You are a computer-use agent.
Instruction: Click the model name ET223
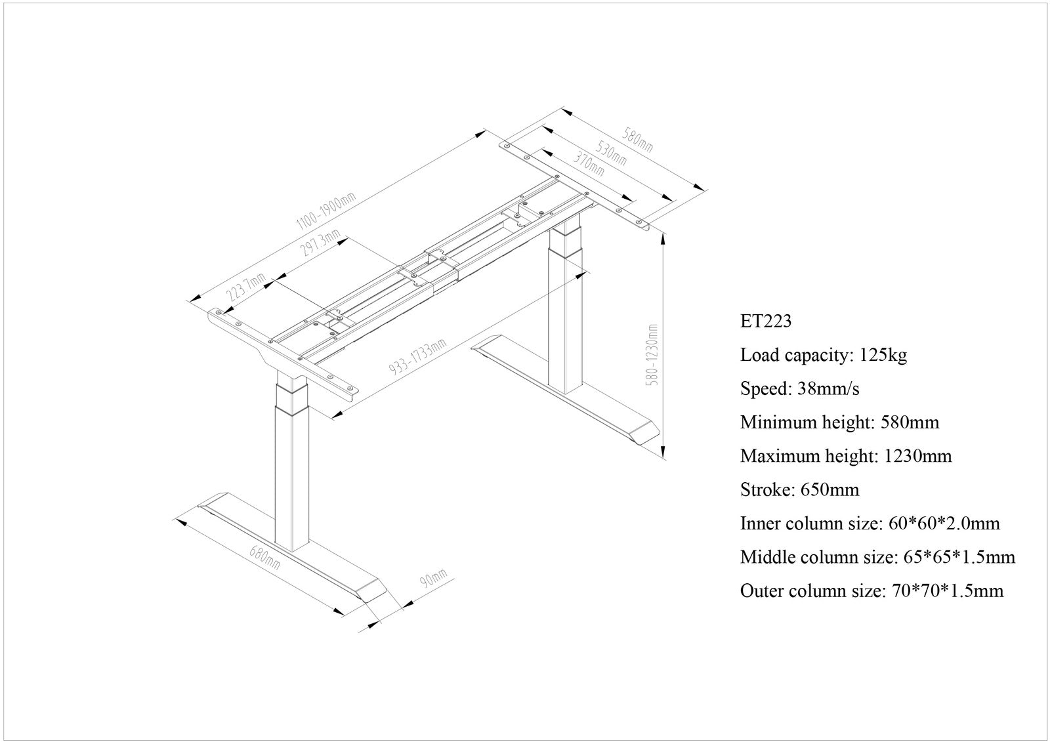766,321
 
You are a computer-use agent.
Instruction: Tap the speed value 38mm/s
828,389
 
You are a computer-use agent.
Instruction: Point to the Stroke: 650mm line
799,490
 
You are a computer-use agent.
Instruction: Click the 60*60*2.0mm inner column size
944,524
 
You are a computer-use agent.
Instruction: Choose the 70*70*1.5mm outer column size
948,591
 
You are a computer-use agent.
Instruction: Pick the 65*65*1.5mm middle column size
959,558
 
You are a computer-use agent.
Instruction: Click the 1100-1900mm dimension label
325,211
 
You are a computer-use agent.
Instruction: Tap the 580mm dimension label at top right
637,138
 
